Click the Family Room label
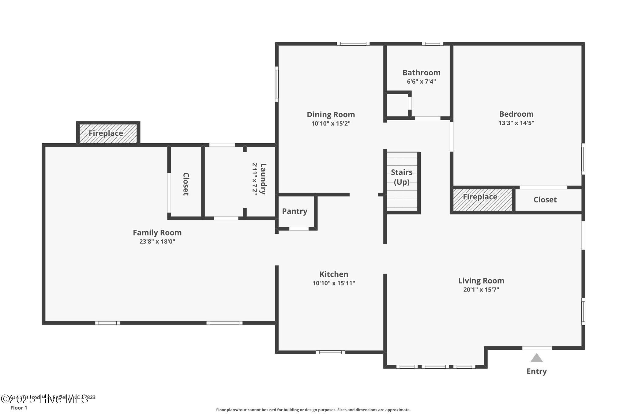pos(157,233)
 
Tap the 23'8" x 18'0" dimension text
pos(157,242)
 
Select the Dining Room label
pos(331,115)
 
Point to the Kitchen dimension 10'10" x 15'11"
pos(334,283)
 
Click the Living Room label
pos(481,281)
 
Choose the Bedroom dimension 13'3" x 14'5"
pos(516,123)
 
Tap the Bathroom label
pos(421,73)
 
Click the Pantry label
pos(295,211)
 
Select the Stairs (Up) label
pos(402,177)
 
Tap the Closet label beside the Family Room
pos(186,184)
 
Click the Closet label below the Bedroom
pos(545,200)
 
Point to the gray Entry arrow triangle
pos(536,358)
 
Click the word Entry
pos(536,371)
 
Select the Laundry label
pos(263,179)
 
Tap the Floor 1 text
pos(19,408)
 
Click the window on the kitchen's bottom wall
pos(330,352)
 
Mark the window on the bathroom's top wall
pos(432,44)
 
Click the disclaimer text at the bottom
pos(313,410)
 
